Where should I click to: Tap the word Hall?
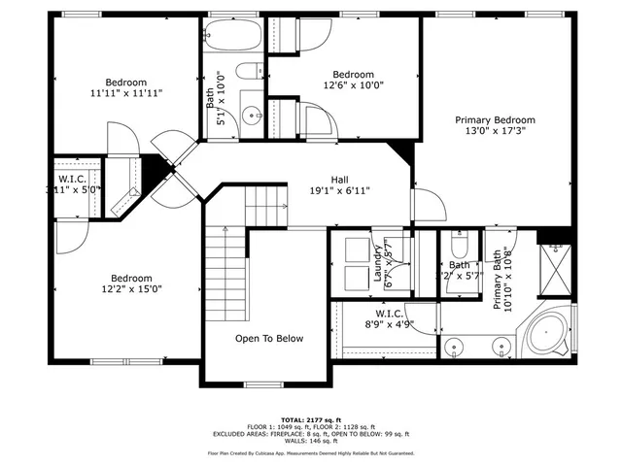tap(339, 180)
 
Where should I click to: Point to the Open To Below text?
tap(269, 339)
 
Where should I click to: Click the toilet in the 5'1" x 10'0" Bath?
tap(248, 70)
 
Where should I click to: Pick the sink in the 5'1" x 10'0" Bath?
tap(251, 115)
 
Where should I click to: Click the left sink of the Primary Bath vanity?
tap(454, 346)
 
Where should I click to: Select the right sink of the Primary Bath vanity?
tap(502, 346)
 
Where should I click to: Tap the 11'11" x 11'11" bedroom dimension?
tap(126, 93)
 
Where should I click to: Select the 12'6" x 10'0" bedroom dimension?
tap(353, 85)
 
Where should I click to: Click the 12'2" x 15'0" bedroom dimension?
tap(130, 288)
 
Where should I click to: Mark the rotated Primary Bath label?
tap(501, 280)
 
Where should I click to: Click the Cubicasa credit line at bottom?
tap(310, 452)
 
